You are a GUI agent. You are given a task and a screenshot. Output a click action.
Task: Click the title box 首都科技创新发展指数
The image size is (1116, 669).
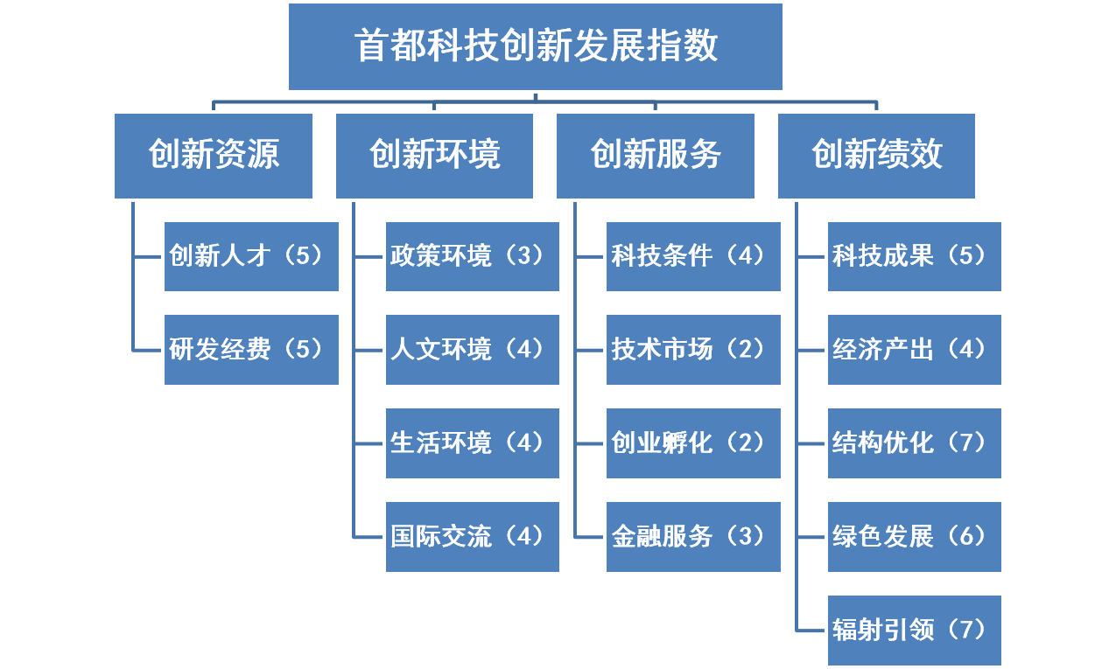[535, 46]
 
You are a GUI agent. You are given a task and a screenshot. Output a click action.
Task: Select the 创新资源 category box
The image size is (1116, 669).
[214, 156]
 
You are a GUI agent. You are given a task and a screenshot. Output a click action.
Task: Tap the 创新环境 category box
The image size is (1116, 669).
[435, 156]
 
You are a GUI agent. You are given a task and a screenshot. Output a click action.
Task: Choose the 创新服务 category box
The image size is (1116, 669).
[656, 156]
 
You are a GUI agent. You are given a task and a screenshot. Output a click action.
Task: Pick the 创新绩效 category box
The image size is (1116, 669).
[877, 156]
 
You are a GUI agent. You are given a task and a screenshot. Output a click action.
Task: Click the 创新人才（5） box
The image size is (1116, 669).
[251, 256]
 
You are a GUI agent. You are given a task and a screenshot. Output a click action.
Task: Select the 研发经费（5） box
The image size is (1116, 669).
[251, 350]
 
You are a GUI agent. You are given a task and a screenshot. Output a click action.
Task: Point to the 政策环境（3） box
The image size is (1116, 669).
[473, 256]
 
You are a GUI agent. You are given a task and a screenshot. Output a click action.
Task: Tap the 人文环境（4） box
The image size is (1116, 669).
[473, 350]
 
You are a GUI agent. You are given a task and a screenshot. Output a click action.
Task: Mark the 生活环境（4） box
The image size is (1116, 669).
[473, 443]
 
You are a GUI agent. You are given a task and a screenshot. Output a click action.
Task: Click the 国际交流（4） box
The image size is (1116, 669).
[473, 537]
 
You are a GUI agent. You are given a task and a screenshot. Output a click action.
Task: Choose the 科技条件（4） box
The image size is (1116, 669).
[693, 256]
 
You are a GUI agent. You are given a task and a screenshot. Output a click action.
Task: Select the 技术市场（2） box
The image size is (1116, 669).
[693, 350]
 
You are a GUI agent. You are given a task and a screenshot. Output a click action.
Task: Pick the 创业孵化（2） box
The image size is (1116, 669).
[693, 443]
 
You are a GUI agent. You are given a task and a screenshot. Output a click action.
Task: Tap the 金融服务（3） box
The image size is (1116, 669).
[693, 537]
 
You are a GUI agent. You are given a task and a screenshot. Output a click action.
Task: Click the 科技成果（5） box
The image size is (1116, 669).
[915, 256]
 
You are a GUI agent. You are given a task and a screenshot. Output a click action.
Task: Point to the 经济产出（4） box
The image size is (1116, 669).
[915, 350]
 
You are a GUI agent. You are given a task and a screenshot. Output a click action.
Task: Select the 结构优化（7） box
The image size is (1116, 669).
[915, 443]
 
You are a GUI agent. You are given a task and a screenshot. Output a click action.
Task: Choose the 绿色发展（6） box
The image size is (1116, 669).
[915, 537]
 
